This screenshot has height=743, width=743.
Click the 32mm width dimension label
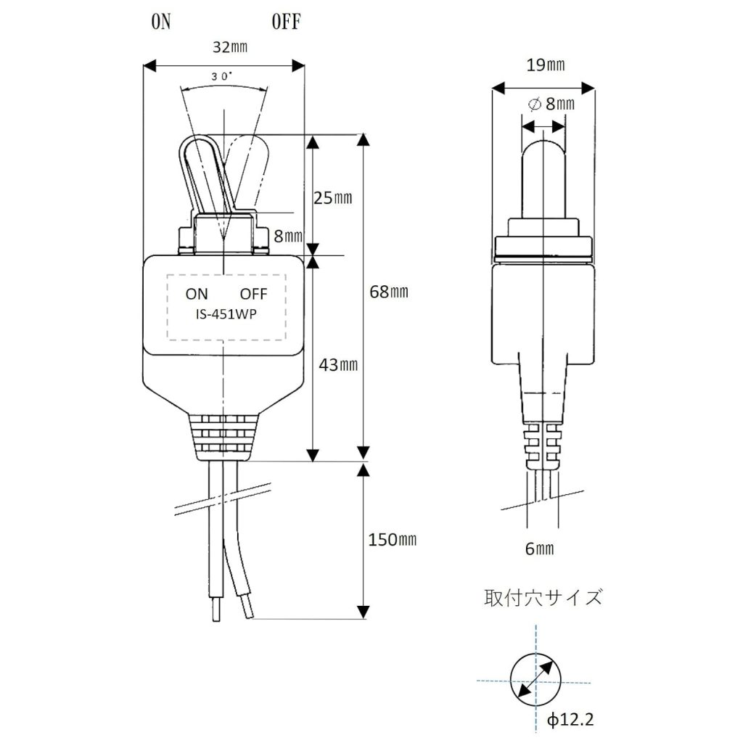230,47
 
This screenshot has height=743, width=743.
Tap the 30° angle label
222,77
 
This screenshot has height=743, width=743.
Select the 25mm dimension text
333,197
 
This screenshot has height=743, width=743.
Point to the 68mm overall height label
389,292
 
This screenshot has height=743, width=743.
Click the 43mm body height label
338,365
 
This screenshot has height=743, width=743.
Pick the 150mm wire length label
393,540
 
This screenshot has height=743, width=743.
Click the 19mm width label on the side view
546,65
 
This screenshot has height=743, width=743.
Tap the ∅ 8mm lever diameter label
551,103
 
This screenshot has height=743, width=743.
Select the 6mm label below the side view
539,549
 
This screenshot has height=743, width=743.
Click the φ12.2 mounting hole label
570,721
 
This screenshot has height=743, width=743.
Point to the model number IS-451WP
226,314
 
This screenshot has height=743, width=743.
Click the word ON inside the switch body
197,294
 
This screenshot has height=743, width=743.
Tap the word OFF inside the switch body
253,294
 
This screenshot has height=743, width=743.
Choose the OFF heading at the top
286,22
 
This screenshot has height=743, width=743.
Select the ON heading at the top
160,22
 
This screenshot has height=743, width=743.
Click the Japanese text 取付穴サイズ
543,598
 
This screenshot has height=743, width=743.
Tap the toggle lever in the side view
543,180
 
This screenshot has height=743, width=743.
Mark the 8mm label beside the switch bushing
288,236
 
